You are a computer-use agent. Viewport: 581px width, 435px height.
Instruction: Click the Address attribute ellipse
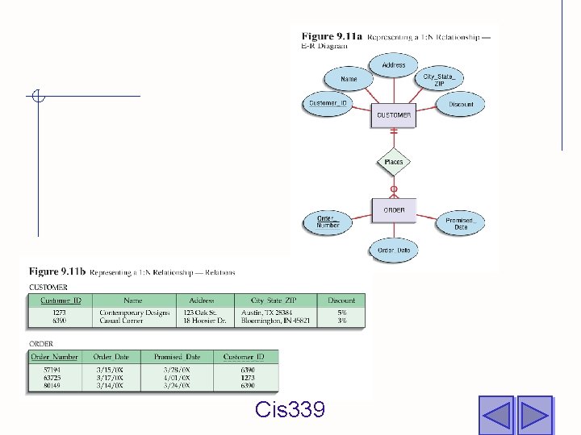pos(394,64)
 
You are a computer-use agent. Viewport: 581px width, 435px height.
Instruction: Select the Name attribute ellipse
pos(349,80)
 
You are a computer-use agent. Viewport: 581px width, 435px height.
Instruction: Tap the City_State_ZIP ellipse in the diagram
pos(444,81)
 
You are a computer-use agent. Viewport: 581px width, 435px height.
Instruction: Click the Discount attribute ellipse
pos(462,105)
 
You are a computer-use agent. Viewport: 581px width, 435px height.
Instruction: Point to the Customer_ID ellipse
pos(328,103)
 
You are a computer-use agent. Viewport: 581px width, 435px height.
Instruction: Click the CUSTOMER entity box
pos(394,115)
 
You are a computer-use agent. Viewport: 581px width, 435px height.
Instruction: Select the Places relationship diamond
pos(394,163)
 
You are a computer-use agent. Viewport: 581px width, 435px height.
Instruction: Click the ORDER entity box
pos(394,210)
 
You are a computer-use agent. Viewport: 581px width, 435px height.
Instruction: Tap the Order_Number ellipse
pos(328,222)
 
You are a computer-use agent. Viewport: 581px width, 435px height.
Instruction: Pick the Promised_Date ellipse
pos(460,224)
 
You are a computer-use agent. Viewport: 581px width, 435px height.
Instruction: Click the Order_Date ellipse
pos(394,251)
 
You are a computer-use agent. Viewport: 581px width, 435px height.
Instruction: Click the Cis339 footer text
pos(290,410)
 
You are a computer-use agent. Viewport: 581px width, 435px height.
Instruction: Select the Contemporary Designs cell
pos(135,313)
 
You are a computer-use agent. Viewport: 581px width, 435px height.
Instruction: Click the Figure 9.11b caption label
pos(58,272)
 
